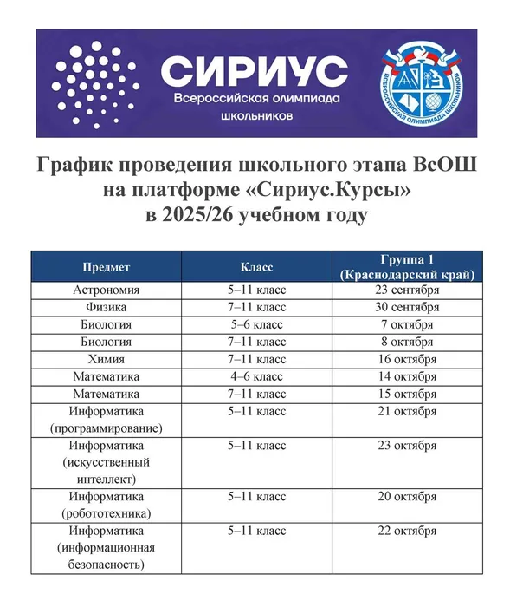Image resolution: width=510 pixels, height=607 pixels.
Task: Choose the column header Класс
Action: [256, 265]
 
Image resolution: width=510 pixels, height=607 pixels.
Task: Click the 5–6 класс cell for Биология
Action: [256, 324]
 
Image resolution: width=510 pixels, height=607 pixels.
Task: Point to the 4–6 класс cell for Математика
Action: [256, 376]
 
